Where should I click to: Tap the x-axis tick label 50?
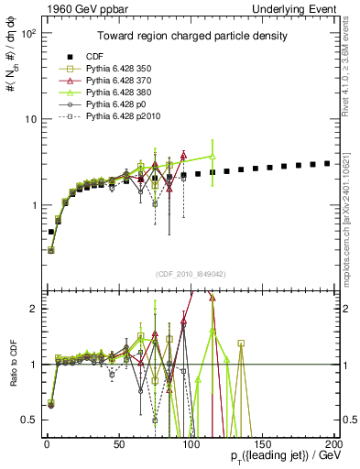(118, 443)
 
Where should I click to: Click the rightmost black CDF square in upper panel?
(327, 163)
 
